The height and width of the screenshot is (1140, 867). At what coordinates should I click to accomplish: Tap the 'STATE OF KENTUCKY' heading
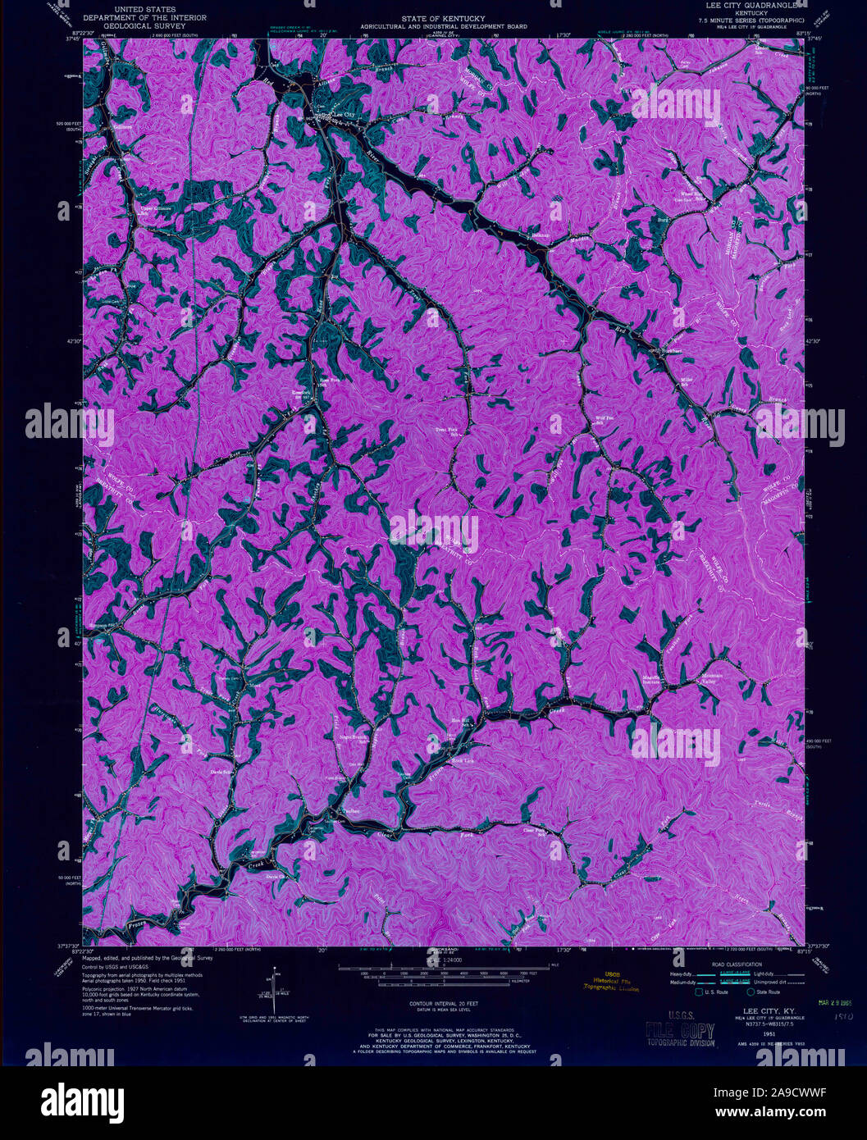coord(443,18)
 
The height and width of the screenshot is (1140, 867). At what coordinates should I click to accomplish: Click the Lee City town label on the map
coord(345,114)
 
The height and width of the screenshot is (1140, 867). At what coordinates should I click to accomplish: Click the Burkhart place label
coord(672,351)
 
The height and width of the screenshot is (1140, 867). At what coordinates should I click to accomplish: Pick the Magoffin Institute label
coord(651,679)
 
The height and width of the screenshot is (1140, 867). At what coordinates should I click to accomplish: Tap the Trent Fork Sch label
coord(447,431)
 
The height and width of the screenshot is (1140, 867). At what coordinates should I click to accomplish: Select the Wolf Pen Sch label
coord(605,421)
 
